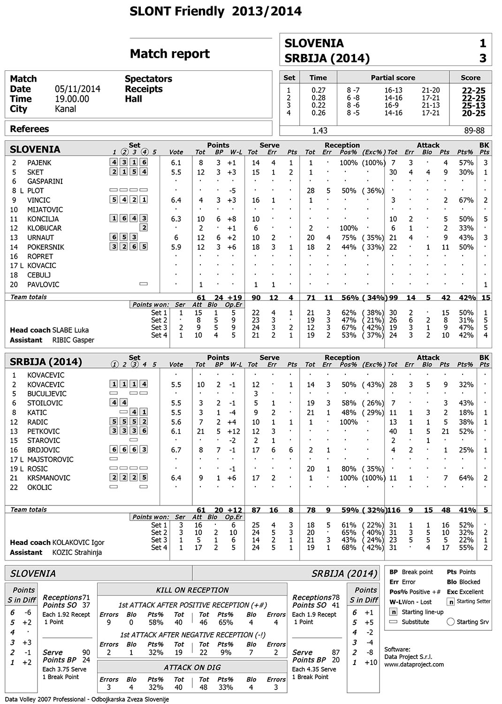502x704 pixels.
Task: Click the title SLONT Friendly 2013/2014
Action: click(x=215, y=12)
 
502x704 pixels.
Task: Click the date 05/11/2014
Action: click(x=77, y=89)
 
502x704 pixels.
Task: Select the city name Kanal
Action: click(x=65, y=109)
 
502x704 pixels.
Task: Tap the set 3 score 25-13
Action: click(x=473, y=106)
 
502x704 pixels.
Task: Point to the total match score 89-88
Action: click(x=474, y=130)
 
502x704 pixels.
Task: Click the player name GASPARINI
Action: click(x=45, y=181)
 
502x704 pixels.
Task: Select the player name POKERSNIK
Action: click(x=46, y=247)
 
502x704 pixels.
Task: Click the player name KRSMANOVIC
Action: click(x=49, y=478)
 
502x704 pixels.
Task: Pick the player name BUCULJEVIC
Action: click(x=47, y=394)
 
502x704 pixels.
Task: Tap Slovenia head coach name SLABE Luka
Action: click(x=70, y=330)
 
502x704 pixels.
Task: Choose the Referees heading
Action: click(x=29, y=129)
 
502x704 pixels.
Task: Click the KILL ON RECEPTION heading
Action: click(x=192, y=590)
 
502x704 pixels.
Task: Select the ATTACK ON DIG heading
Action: click(x=192, y=667)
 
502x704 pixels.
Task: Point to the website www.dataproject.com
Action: click(x=414, y=664)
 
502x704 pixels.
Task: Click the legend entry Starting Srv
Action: click(x=472, y=622)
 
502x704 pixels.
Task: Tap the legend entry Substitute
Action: click(x=415, y=622)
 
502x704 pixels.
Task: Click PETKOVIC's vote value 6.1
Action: click(x=176, y=431)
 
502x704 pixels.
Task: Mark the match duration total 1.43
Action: click(x=319, y=130)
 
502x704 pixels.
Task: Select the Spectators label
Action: click(x=148, y=79)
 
